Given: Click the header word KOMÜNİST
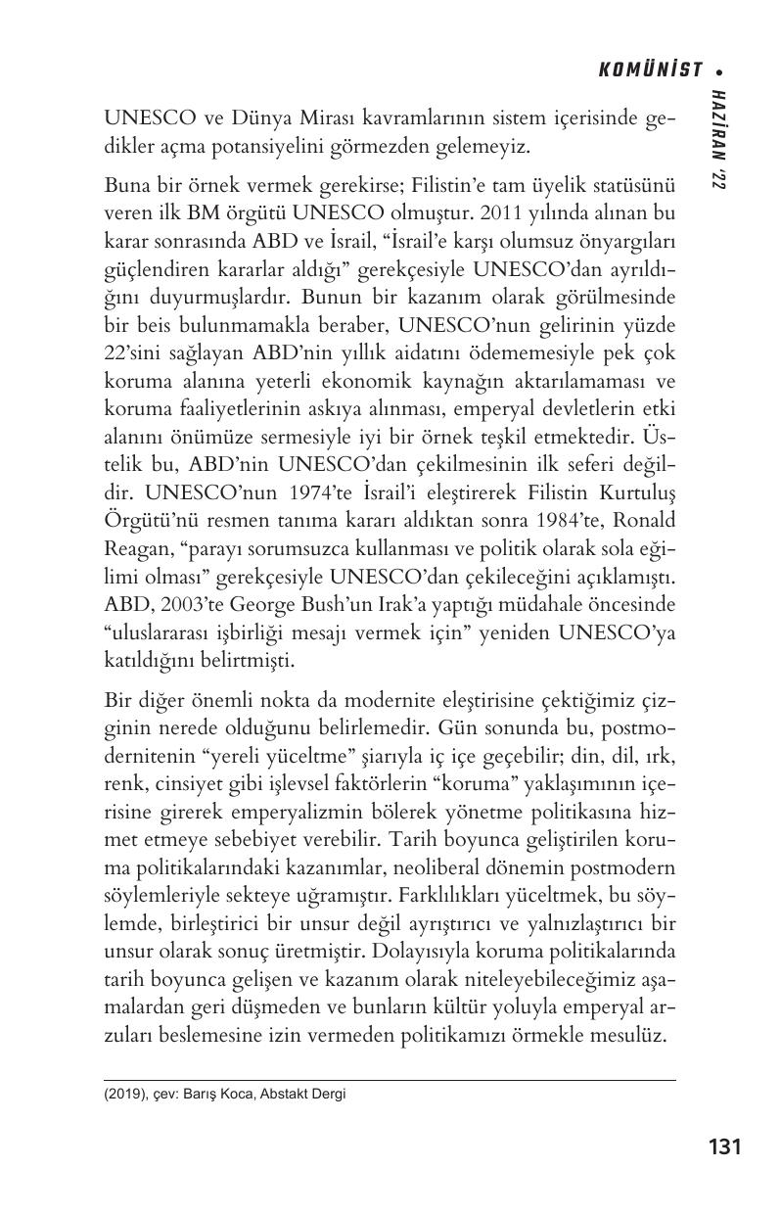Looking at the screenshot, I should click(650, 70).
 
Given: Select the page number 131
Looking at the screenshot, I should click(723, 1146).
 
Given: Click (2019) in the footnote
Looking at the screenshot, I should click(124, 1095).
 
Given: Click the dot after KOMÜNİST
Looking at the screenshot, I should click(719, 70).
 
